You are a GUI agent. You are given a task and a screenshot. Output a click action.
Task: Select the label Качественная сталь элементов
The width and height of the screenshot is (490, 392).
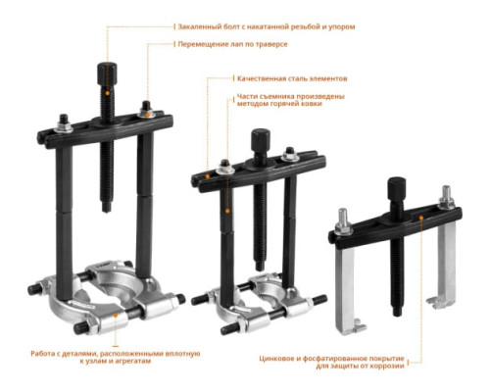pyautogui.click(x=292, y=78)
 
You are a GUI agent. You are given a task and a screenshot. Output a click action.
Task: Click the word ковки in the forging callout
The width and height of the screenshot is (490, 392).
pyautogui.click(x=313, y=104)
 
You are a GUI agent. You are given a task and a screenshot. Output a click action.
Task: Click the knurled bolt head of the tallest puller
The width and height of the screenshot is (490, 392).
pyautogui.click(x=107, y=73)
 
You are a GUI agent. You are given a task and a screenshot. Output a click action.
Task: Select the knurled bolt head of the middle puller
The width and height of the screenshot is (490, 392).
pyautogui.click(x=261, y=140)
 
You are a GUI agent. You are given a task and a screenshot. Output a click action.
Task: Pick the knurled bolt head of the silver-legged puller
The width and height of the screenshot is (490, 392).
pyautogui.click(x=397, y=189)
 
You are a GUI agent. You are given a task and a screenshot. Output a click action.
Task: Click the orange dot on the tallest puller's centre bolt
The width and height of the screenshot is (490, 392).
pyautogui.click(x=107, y=93)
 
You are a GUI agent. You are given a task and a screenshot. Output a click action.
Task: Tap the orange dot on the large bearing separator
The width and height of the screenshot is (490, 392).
pyautogui.click(x=115, y=315)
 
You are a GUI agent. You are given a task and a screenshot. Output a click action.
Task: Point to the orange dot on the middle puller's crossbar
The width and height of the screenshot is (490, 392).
pyautogui.click(x=208, y=176)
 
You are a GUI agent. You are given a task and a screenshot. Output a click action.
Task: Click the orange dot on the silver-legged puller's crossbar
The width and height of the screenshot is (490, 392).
pyautogui.click(x=421, y=218)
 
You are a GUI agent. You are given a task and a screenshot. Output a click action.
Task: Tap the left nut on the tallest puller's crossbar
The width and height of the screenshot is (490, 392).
pyautogui.click(x=64, y=124)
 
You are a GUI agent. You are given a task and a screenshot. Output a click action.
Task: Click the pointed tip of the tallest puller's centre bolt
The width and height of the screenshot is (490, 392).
pyautogui.click(x=106, y=210)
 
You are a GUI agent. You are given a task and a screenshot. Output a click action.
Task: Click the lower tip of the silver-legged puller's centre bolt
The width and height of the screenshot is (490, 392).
pyautogui.click(x=397, y=315)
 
